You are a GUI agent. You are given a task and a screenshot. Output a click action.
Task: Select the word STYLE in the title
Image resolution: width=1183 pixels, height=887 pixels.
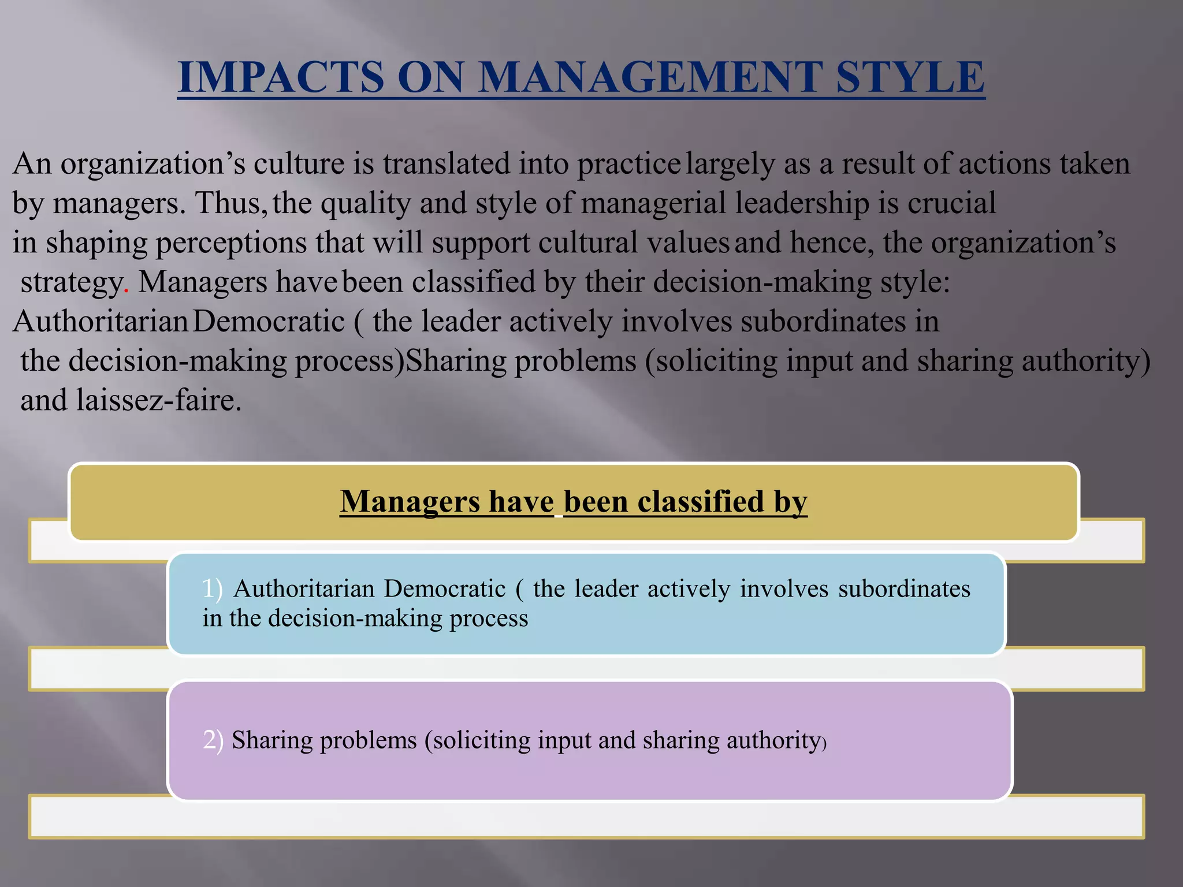(910, 77)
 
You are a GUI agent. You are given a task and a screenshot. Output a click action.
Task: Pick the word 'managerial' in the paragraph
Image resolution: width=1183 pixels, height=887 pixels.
(653, 204)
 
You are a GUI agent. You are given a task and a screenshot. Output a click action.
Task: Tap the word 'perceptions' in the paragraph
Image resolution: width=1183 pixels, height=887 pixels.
(231, 243)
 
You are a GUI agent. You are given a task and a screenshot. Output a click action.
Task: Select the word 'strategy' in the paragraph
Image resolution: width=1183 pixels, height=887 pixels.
(72, 283)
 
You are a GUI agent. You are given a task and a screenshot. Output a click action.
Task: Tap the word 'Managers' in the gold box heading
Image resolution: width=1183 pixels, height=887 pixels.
(410, 501)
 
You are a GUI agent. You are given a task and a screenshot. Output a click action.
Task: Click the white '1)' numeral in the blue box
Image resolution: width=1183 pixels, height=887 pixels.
(212, 588)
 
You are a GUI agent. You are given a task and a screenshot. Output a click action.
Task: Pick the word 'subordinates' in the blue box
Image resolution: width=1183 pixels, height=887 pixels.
(904, 588)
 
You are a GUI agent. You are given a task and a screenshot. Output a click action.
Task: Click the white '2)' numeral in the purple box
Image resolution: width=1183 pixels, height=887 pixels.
(213, 740)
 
